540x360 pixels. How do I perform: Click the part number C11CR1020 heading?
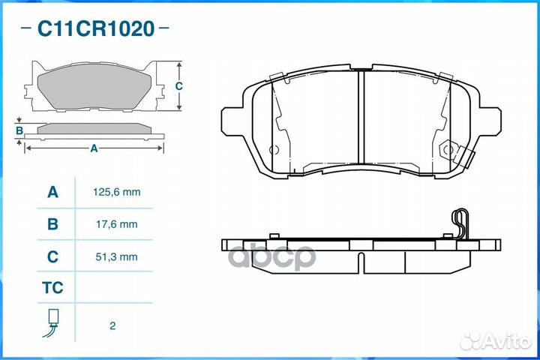pyautogui.click(x=96, y=29)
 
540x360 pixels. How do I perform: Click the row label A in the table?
pyautogui.click(x=52, y=193)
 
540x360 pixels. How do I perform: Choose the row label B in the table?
pyautogui.click(x=52, y=224)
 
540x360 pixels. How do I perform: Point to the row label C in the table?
pyautogui.click(x=52, y=256)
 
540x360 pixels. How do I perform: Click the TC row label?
pyautogui.click(x=52, y=288)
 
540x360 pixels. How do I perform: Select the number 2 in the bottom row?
pyautogui.click(x=112, y=326)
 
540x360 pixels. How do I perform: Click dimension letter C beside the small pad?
pyautogui.click(x=178, y=86)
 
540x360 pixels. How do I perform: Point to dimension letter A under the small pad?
pyautogui.click(x=94, y=148)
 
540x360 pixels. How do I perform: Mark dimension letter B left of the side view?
pyautogui.click(x=19, y=130)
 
